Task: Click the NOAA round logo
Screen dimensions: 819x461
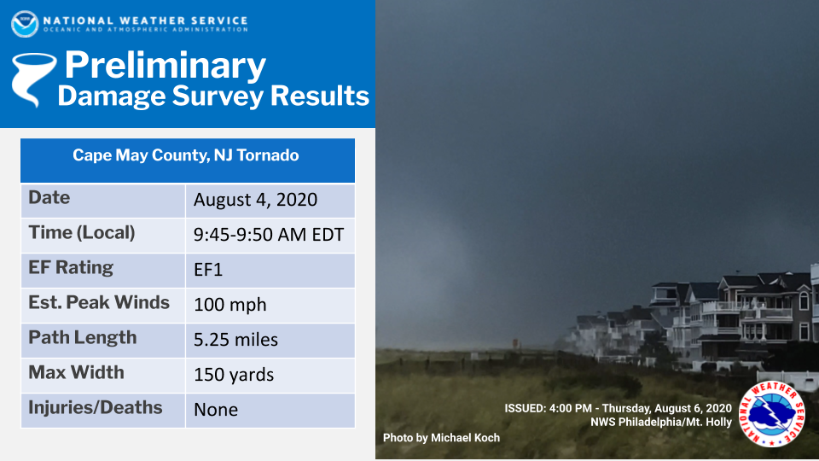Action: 25,24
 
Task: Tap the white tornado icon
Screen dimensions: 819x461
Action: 33,79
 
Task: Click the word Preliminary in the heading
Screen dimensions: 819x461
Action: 165,66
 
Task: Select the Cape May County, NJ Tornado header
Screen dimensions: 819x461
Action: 186,155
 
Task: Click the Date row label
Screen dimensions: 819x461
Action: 49,197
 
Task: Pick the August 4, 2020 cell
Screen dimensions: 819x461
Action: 255,200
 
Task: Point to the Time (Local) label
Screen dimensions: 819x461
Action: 82,232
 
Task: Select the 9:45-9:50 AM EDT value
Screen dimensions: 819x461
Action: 269,235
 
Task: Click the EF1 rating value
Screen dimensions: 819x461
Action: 208,270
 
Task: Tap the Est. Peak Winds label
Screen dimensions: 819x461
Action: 99,302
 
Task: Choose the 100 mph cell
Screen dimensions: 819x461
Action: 229,305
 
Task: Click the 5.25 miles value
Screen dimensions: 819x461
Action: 235,340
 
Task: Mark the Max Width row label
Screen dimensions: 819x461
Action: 76,372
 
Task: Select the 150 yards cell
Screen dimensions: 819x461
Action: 234,375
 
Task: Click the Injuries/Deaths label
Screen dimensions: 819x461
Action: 95,408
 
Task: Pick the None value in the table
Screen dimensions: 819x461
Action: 216,410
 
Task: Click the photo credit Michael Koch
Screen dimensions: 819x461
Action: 441,438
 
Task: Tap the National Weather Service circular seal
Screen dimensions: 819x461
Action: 771,415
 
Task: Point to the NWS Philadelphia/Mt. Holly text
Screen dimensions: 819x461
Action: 660,422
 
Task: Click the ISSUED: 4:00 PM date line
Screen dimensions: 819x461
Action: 618,408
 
